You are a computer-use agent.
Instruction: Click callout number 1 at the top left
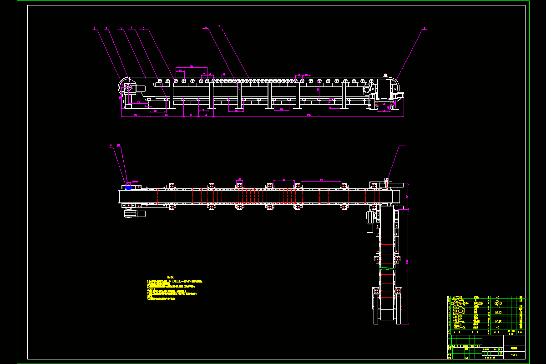[x=94, y=28]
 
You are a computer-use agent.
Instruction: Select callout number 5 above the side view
[x=143, y=28]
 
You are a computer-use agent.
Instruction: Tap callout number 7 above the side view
[x=219, y=27]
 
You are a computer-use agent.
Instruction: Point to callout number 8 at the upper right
[x=425, y=28]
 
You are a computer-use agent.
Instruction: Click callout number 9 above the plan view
[x=111, y=146]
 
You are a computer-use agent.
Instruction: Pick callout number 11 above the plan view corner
[x=401, y=146]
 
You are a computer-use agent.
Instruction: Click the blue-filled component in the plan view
[x=128, y=187]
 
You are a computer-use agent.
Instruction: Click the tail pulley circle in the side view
[x=128, y=88]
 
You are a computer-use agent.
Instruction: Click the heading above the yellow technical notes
[x=171, y=277]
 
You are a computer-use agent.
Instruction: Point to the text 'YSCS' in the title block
[x=514, y=355]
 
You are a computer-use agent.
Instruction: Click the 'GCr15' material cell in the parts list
[x=498, y=303]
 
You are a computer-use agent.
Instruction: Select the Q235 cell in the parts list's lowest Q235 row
[x=498, y=321]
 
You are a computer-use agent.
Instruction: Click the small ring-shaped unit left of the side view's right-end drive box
[x=366, y=90]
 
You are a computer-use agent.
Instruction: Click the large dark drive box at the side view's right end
[x=385, y=88]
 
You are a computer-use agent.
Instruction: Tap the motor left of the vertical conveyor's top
[x=369, y=222]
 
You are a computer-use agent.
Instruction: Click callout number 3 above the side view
[x=121, y=28]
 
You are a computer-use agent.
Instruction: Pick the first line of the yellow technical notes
[x=175, y=282]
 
